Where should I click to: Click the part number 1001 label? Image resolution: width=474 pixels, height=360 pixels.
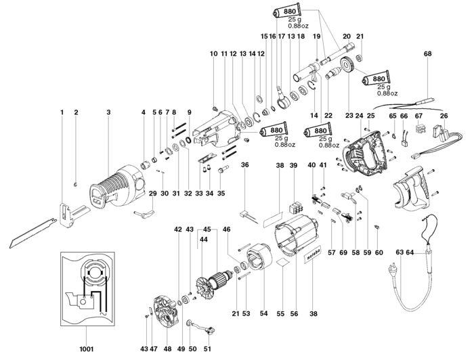(x=86, y=349)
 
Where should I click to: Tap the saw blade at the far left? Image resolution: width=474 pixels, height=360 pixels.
(x=33, y=233)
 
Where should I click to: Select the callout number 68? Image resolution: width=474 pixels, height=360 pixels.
(x=427, y=53)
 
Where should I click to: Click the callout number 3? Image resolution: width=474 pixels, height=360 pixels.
(x=108, y=112)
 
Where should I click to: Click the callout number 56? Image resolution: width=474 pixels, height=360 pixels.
(x=294, y=314)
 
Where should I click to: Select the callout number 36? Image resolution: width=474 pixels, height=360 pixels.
(x=245, y=164)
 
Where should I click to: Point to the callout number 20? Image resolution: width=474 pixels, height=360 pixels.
(x=347, y=37)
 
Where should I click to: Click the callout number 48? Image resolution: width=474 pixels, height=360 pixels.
(x=167, y=349)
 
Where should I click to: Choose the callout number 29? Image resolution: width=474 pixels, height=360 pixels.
(x=153, y=194)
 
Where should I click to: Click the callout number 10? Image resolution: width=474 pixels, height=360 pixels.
(x=214, y=53)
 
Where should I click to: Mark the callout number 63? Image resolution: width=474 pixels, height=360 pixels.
(x=400, y=252)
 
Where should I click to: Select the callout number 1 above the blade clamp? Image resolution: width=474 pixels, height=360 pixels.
(x=62, y=112)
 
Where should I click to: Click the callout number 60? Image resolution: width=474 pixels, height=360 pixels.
(x=379, y=252)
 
